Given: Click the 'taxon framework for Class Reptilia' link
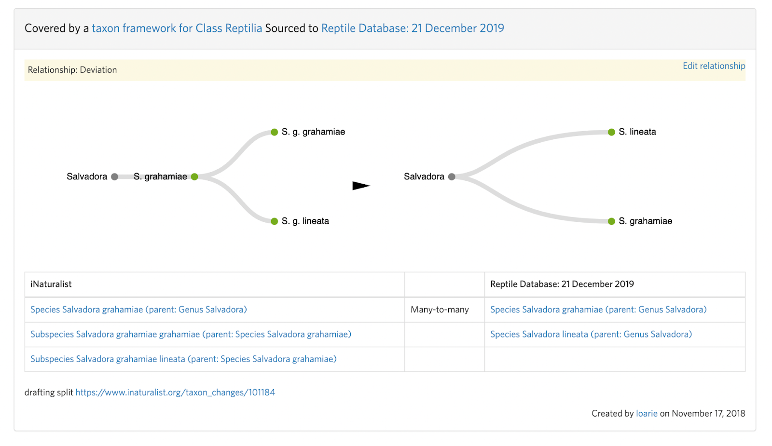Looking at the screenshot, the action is click(177, 28).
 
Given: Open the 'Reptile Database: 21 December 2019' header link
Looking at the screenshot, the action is click(413, 28).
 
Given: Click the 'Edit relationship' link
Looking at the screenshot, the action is click(714, 66).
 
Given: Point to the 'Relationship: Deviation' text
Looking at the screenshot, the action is click(72, 70).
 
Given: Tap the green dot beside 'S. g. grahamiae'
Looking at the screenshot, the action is click(274, 132).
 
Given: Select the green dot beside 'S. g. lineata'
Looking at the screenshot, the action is click(274, 221).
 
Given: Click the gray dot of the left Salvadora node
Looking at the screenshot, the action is click(114, 177).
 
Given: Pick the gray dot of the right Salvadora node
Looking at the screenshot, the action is click(452, 177).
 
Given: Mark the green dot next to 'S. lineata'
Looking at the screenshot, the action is click(611, 132).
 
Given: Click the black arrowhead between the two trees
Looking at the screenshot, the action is click(360, 186).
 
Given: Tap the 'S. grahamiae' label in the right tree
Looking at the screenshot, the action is click(645, 221).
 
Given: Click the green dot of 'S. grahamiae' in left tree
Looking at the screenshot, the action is click(194, 177).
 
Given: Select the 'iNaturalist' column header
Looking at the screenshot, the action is click(51, 284).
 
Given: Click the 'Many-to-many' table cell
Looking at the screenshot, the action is click(440, 310).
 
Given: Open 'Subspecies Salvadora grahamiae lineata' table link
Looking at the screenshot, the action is click(183, 359).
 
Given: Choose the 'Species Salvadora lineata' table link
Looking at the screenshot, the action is click(591, 335).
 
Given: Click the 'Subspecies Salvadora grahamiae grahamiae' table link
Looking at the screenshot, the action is click(191, 335).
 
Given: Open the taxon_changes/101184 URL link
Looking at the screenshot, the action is click(175, 392).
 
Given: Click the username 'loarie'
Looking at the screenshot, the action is click(647, 414).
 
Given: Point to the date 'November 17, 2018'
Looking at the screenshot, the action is click(708, 414).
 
